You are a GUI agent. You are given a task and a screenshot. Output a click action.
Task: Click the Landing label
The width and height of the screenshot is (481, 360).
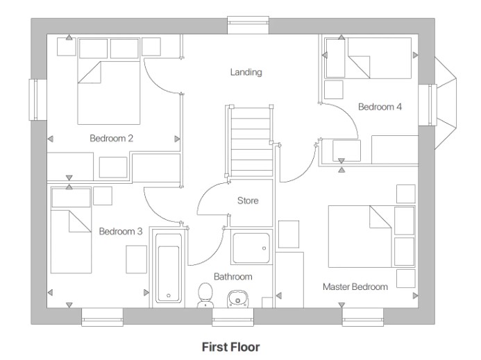(246, 72)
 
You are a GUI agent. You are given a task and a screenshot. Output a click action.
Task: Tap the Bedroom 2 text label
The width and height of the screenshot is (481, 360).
(112, 138)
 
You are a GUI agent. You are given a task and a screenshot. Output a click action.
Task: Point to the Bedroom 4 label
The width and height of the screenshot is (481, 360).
(380, 107)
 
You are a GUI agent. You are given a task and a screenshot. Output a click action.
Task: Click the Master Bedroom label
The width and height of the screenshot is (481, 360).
(355, 286)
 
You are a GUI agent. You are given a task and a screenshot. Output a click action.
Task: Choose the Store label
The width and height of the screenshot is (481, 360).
(248, 201)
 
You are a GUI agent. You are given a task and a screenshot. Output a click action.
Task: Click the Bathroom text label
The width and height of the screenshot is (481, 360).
(233, 277)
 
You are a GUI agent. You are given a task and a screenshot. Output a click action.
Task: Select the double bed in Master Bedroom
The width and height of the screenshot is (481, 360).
(361, 236)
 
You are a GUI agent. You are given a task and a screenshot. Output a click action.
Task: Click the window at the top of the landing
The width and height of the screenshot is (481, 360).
(248, 25)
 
